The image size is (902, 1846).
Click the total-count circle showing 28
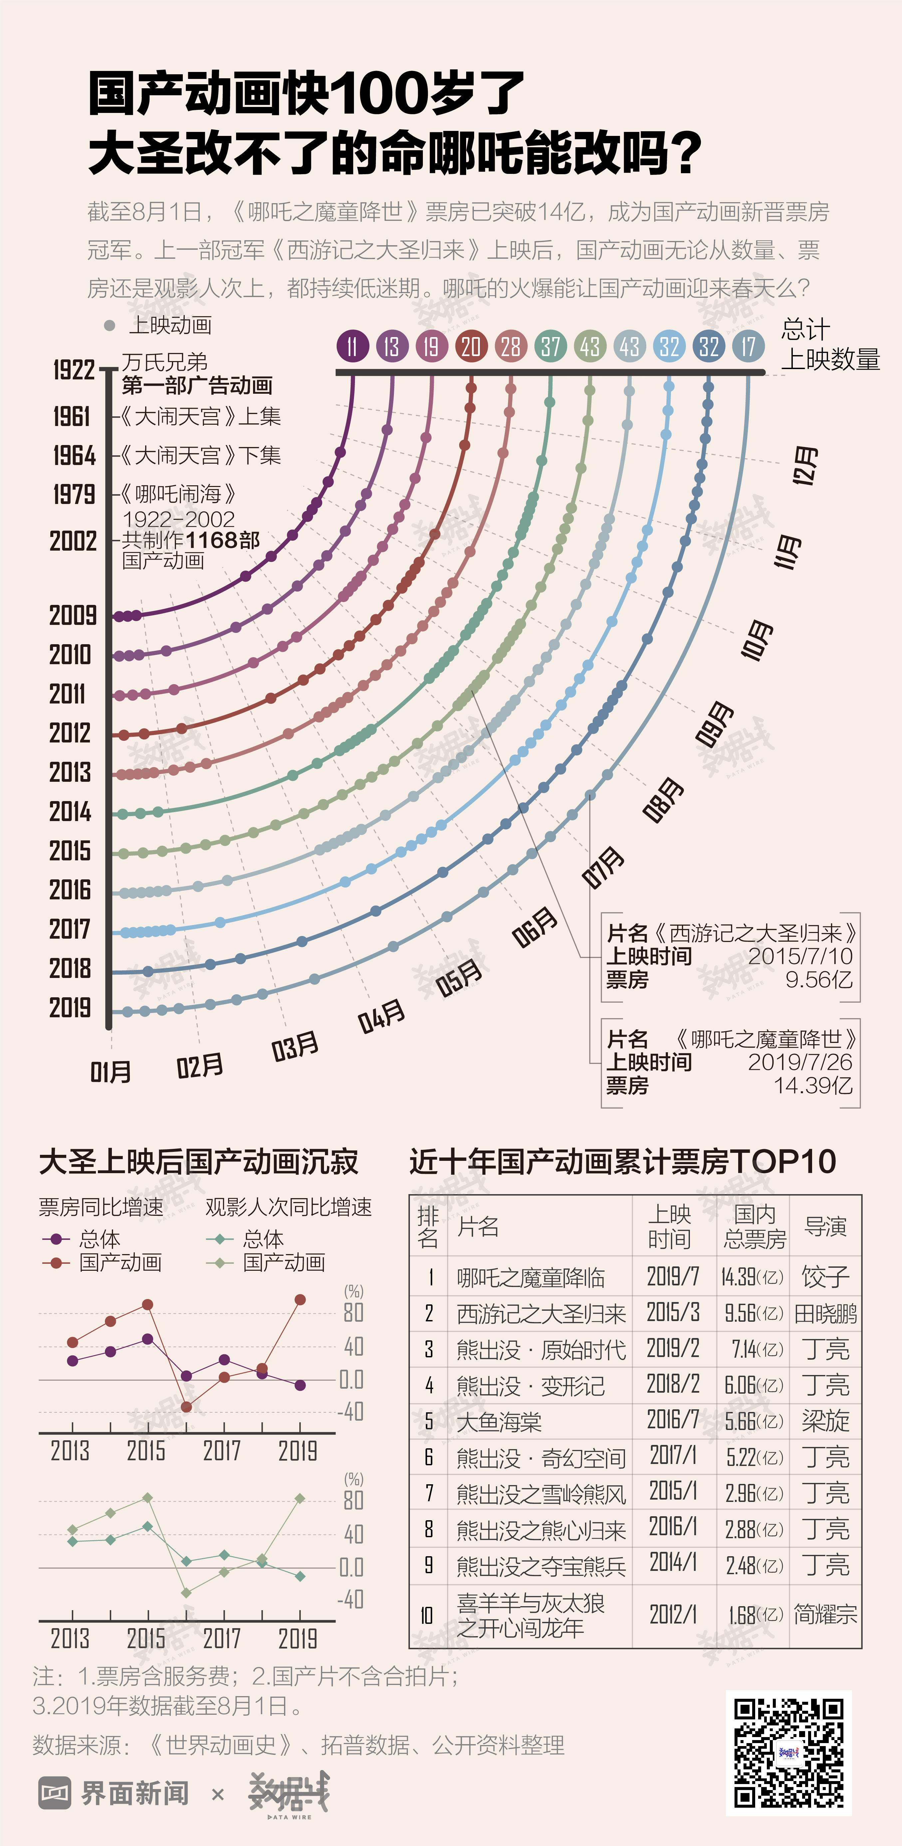pyautogui.click(x=511, y=347)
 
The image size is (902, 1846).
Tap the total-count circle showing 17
pyautogui.click(x=749, y=347)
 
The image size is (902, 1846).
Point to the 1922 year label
pyautogui.click(x=74, y=370)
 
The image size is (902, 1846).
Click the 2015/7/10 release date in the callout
pyautogui.click(x=800, y=956)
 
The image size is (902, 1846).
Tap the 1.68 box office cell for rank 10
pyautogui.click(x=742, y=1615)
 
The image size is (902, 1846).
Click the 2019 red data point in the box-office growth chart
pyautogui.click(x=300, y=1299)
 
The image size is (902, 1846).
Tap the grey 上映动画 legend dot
pyautogui.click(x=110, y=325)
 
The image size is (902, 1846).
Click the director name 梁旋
pyautogui.click(x=825, y=1420)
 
